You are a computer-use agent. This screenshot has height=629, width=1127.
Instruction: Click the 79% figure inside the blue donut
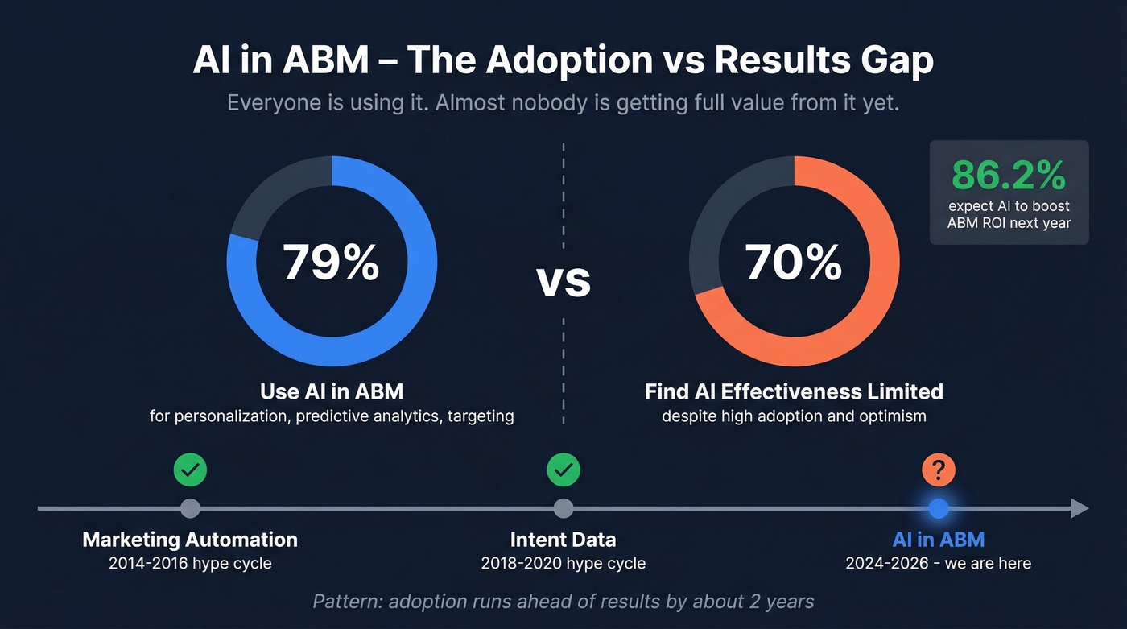pyautogui.click(x=331, y=263)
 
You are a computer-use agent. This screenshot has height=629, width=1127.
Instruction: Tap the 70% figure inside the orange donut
pyautogui.click(x=794, y=263)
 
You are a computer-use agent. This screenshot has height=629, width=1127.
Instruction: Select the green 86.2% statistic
pyautogui.click(x=1009, y=174)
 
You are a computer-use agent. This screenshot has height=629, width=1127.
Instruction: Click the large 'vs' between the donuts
pyautogui.click(x=563, y=281)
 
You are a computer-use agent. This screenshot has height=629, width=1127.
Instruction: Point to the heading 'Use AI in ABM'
pyautogui.click(x=332, y=392)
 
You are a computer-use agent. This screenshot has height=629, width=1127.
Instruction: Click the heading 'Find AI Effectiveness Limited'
pyautogui.click(x=794, y=392)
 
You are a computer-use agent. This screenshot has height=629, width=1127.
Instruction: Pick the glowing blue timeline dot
pyautogui.click(x=938, y=508)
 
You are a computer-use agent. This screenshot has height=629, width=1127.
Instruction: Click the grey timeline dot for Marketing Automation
pyautogui.click(x=190, y=508)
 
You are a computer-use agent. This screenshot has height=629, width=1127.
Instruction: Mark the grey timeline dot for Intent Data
pyautogui.click(x=563, y=508)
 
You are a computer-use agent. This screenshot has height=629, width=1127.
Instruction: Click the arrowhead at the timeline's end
pyautogui.click(x=1079, y=508)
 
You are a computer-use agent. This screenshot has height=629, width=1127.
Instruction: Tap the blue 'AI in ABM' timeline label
pyautogui.click(x=938, y=540)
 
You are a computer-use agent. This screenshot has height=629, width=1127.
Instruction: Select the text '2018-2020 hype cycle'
pyautogui.click(x=563, y=563)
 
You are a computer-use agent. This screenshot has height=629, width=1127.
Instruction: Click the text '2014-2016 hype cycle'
pyautogui.click(x=190, y=563)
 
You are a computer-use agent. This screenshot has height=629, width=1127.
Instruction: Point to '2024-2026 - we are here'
pyautogui.click(x=938, y=563)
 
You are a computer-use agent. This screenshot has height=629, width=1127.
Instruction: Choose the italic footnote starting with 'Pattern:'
pyautogui.click(x=563, y=602)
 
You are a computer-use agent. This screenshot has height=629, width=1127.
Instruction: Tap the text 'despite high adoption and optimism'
pyautogui.click(x=794, y=416)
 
